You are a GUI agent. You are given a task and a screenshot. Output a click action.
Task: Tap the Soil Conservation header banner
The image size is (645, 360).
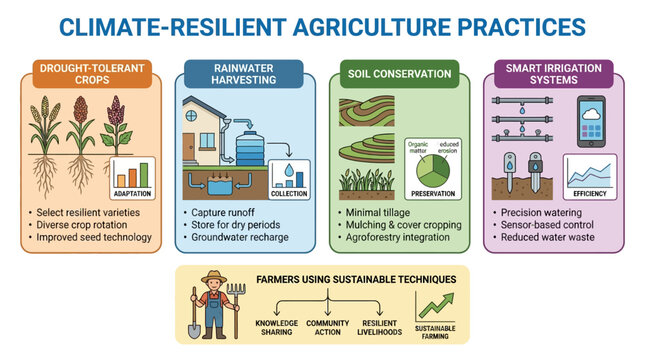(x=399, y=74)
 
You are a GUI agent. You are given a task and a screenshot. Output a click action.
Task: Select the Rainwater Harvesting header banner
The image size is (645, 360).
(x=244, y=74)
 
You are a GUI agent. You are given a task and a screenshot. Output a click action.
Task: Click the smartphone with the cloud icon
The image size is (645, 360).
(x=591, y=121)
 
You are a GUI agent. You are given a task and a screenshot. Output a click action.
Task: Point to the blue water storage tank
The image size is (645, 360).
(x=250, y=148)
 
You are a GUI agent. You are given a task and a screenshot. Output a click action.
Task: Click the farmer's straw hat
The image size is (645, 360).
(x=214, y=276)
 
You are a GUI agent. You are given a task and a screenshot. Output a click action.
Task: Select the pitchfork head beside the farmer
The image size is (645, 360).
(x=236, y=290)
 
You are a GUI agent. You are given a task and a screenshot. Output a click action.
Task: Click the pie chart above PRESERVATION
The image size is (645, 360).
(x=433, y=170)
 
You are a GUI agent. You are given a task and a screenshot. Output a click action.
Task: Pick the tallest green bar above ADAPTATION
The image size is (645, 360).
(x=144, y=175)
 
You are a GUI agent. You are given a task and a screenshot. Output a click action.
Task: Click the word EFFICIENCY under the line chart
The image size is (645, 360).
(x=590, y=193)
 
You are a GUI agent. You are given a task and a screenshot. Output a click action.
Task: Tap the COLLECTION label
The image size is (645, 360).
(x=289, y=193)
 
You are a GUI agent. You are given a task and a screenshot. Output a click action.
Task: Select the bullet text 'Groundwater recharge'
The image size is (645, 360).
(x=240, y=237)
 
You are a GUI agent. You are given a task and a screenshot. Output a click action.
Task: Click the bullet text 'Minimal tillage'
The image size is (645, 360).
(x=378, y=213)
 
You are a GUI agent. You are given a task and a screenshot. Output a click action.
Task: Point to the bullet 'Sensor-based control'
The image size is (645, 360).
(x=547, y=225)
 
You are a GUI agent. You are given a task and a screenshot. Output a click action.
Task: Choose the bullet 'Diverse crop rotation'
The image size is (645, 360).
(x=82, y=225)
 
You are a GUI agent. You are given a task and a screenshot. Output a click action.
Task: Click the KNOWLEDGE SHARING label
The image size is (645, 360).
(x=276, y=327)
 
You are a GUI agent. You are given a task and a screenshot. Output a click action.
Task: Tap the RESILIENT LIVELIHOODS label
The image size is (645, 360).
(x=379, y=327)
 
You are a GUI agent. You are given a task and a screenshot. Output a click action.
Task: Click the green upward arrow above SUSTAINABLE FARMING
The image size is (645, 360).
(x=436, y=306)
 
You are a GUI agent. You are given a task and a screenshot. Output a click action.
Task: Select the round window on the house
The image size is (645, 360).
(x=191, y=116)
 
